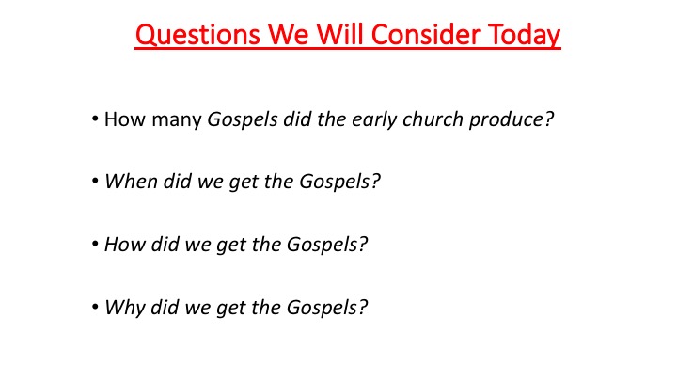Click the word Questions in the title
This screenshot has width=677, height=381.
pyautogui.click(x=197, y=35)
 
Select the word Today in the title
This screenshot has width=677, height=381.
pyautogui.click(x=524, y=36)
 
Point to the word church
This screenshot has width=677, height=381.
pyautogui.click(x=433, y=119)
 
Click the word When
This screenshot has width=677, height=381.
pyautogui.click(x=131, y=182)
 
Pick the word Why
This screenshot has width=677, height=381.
pyautogui.click(x=124, y=309)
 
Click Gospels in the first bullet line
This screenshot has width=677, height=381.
pyautogui.click(x=243, y=120)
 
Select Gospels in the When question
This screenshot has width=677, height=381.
pyautogui.click(x=335, y=182)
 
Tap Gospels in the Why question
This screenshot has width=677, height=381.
pyautogui.click(x=323, y=308)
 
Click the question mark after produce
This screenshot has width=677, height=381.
pyautogui.click(x=549, y=119)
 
